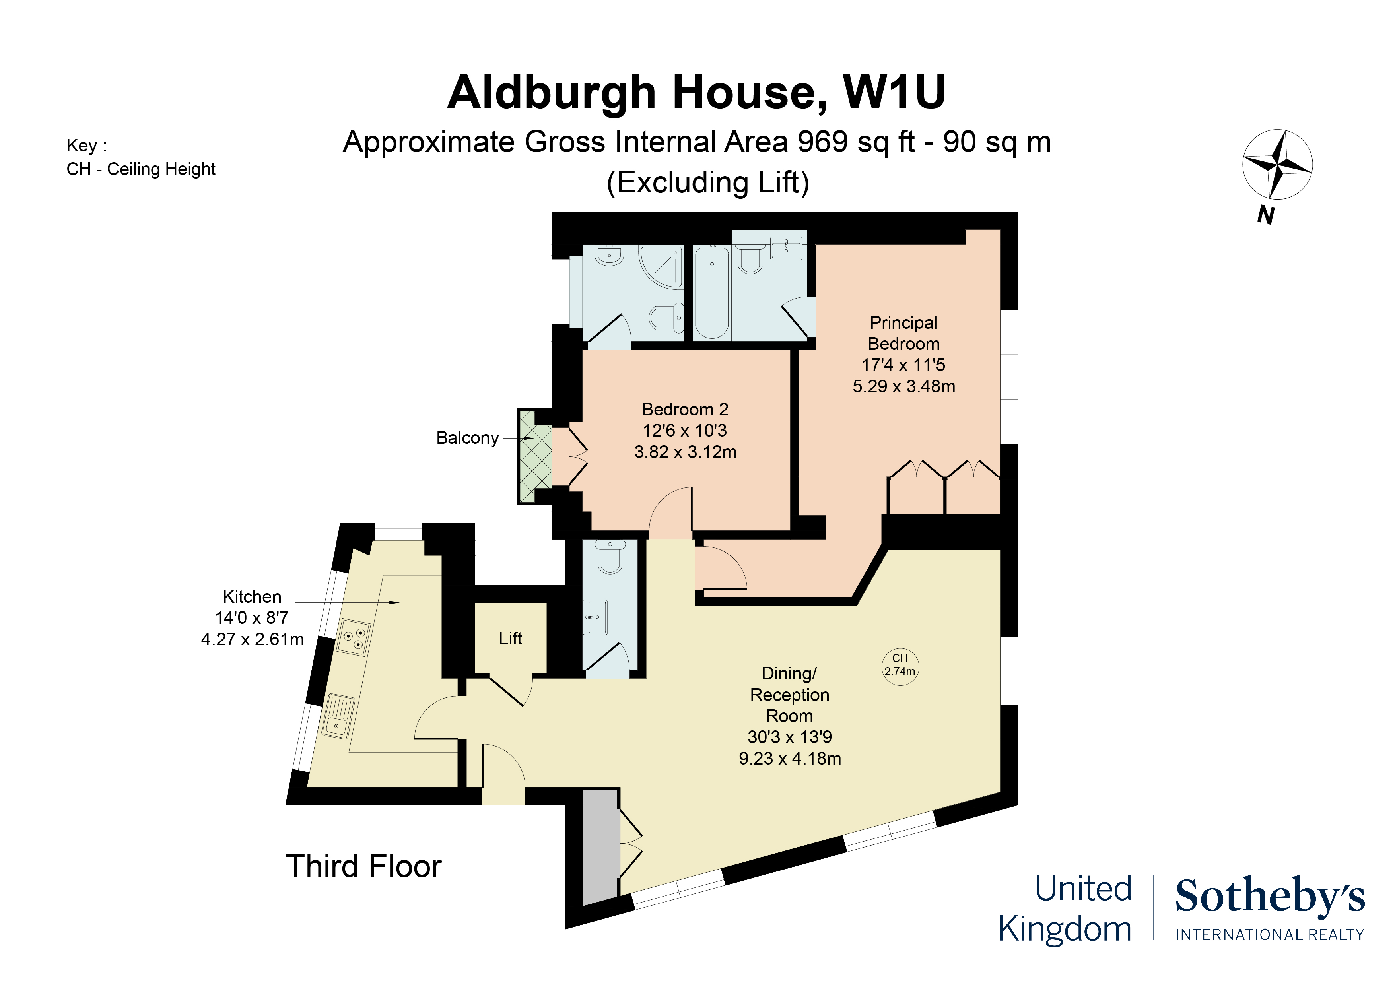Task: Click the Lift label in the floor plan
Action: tap(510, 639)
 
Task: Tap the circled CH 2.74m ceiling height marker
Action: tap(900, 666)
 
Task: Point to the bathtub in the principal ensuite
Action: tap(711, 291)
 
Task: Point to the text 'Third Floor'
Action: tap(363, 866)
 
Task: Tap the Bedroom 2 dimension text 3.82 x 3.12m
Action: tap(685, 452)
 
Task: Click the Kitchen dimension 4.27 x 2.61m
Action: tap(252, 639)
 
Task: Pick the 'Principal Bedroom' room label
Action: tap(903, 333)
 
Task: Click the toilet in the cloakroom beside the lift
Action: tap(609, 556)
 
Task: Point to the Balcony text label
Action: tap(467, 438)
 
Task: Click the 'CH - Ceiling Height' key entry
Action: tap(141, 169)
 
